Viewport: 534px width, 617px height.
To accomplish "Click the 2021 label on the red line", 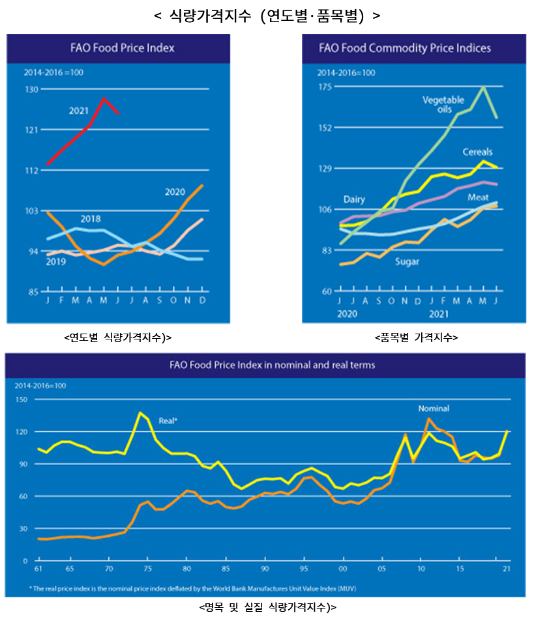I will tap(79, 111).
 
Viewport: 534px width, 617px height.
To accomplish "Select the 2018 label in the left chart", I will tap(91, 219).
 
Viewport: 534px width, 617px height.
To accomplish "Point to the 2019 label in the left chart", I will tap(55, 261).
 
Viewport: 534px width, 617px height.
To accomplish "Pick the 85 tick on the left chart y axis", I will tap(32, 291).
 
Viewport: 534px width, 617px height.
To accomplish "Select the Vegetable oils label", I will tap(443, 104).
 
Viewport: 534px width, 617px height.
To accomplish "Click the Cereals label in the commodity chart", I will tap(477, 152).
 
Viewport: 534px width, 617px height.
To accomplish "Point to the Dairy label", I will tap(354, 199).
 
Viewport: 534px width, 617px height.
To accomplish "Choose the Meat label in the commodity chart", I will tap(478, 197).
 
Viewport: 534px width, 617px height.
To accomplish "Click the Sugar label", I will tap(407, 261).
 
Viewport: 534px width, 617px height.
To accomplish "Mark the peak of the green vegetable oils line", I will tap(483, 87).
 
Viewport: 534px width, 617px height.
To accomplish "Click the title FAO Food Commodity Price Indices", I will tap(405, 48).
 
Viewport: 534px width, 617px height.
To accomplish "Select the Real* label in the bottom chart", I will tap(168, 421).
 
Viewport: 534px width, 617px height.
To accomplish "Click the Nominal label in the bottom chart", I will tap(434, 409).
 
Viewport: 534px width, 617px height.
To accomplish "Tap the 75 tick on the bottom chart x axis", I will tap(147, 569).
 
